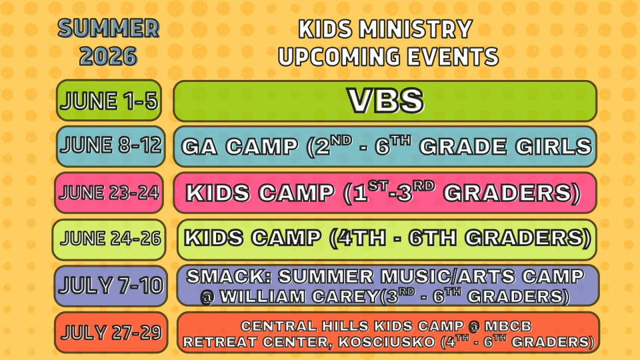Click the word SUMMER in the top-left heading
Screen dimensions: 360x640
point(108,29)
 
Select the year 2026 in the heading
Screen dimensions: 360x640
point(108,56)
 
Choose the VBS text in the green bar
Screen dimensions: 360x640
point(386,101)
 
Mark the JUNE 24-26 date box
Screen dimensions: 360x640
point(109,239)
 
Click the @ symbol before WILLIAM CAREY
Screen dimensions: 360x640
point(207,296)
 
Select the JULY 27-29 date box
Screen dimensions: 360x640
point(110,332)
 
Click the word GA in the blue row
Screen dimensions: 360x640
point(199,147)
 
